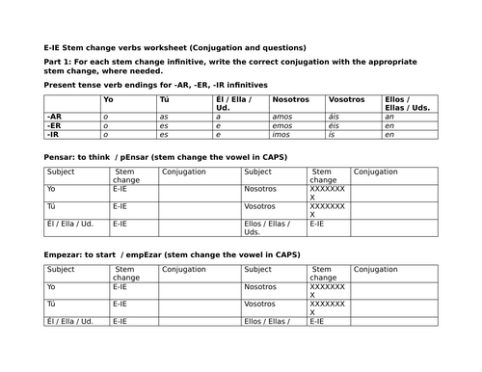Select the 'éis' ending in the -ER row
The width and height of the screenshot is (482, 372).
point(335,123)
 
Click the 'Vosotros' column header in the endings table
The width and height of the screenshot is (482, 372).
point(347,99)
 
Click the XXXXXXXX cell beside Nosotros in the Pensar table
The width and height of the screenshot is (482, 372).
point(327,193)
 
